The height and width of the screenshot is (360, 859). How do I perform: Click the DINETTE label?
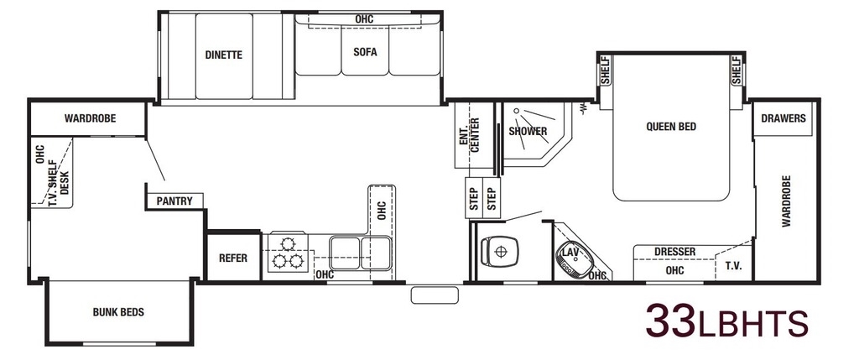pos(223,55)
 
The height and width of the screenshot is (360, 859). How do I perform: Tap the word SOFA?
pos(365,53)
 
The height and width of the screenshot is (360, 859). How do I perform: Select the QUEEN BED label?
pos(671,127)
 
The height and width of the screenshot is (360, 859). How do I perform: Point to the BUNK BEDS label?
pos(118,312)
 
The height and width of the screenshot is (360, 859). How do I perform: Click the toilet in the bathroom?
pos(499,252)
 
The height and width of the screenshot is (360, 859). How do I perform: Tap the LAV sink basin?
pos(574,259)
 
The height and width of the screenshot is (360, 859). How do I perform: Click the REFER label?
pos(233,258)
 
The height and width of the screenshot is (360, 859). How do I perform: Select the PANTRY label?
pos(174,201)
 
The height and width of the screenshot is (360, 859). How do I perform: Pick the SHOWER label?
pos(528,131)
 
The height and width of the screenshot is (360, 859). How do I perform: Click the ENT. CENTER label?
pos(470,134)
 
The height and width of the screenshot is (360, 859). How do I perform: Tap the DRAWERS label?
pos(784,118)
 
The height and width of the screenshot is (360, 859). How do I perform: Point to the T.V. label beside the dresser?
pos(733,266)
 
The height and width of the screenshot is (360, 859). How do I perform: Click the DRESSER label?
pos(675,252)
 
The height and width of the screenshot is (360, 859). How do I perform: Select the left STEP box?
pos(474,199)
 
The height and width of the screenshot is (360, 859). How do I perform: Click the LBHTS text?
pos(752,325)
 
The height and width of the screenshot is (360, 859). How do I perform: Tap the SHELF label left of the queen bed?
pos(606,70)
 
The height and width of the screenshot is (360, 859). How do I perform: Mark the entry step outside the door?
pos(435,295)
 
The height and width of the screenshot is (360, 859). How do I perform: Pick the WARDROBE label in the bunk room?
pos(90,118)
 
